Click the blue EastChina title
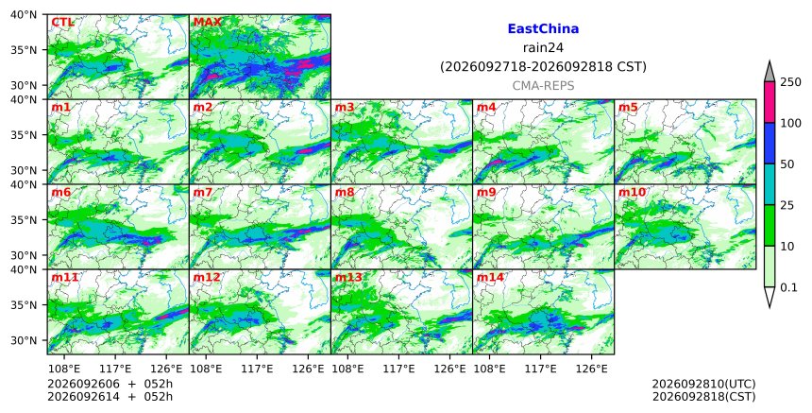pos(543,29)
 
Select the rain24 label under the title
pos(543,47)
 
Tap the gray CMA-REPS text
pos(543,85)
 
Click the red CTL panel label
pos(62,22)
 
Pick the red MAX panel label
pos(207,22)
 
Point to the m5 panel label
pos(628,107)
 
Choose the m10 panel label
pos(632,192)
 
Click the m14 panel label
pos(490,277)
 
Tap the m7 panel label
pos(202,192)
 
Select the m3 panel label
pos(345,107)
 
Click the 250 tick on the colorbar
pos(791,82)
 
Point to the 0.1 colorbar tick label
pos(789,287)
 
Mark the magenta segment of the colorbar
pos(769,102)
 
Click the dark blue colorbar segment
pos(769,144)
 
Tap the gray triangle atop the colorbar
pos(769,72)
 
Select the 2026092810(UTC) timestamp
pos(703,384)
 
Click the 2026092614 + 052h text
pos(110,397)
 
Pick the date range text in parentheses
pos(543,67)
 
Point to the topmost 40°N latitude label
pos(24,14)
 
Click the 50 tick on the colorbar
pos(787,164)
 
